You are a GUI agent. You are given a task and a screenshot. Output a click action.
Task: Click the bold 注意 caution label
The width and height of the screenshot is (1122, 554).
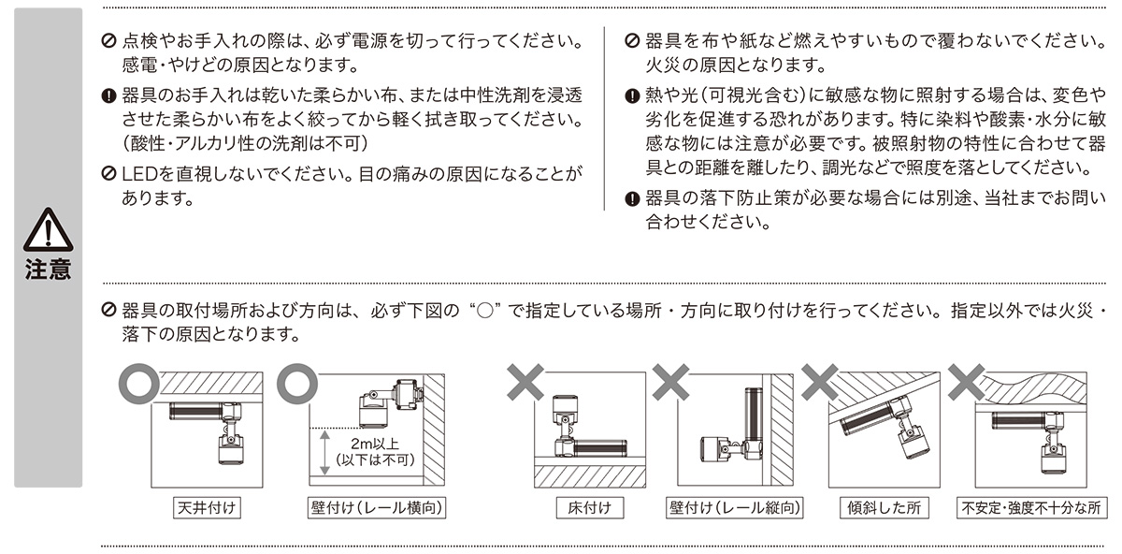point(48,270)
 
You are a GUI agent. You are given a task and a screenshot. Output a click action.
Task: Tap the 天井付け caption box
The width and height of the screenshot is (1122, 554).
point(207,508)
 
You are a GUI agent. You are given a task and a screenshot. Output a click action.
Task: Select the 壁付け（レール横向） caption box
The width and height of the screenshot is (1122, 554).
point(377,508)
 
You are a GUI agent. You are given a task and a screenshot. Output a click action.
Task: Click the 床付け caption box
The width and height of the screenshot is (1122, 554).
point(590,508)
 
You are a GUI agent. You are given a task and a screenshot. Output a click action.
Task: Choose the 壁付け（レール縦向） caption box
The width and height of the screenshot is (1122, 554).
point(735,508)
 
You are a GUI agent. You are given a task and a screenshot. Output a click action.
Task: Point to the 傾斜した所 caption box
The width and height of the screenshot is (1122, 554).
point(885,508)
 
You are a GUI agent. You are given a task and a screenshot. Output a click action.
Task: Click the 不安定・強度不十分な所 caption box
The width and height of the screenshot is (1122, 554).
point(1031,508)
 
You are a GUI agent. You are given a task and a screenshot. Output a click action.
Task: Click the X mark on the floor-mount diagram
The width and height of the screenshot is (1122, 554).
point(525,383)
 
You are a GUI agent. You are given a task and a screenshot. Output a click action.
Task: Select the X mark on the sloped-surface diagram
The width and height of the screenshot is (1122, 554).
point(820,383)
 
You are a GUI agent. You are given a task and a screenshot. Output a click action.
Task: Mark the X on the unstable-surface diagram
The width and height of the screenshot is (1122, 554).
point(966,383)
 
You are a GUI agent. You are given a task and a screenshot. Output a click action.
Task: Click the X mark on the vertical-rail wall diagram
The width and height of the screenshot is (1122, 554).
point(671,383)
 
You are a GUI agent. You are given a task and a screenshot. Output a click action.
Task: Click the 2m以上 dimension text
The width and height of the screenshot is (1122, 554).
point(375,444)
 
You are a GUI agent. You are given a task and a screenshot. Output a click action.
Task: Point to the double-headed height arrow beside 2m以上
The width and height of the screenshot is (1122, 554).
point(324,452)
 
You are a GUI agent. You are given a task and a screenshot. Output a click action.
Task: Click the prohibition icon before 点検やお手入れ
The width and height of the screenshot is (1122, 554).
point(108,40)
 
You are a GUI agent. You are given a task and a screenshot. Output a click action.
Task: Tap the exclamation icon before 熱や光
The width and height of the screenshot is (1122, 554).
point(633,95)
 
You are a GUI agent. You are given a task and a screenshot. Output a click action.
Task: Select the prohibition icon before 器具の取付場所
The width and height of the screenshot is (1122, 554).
point(108,310)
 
